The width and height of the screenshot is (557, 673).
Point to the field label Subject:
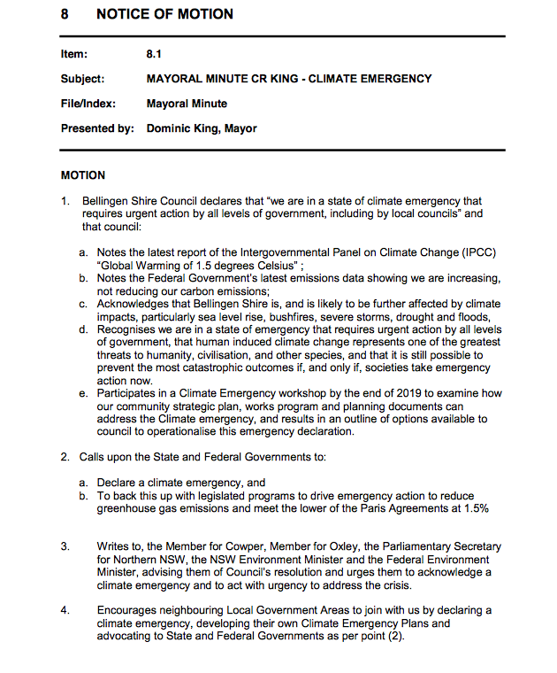tap(82, 79)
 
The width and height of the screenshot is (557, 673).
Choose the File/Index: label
tap(88, 104)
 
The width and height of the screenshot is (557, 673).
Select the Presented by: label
tap(97, 128)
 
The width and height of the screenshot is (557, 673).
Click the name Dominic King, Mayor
tap(202, 128)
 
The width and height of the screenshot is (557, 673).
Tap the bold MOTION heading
tap(83, 175)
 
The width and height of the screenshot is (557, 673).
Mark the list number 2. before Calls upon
tap(65, 457)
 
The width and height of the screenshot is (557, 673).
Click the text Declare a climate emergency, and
tap(181, 483)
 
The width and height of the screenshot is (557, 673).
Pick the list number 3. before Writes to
tap(65, 546)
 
